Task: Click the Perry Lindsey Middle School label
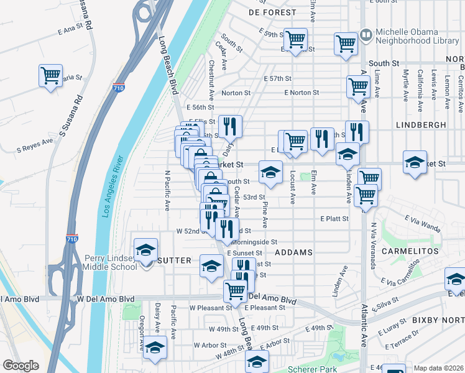pos(111,262)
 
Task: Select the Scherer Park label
pos(309,369)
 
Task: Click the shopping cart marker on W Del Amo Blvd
pos(235,290)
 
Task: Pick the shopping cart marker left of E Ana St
pos(50,76)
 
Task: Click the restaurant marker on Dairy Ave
pos(230,126)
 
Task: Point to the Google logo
pos(21,366)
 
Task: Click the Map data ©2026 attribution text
pos(439,368)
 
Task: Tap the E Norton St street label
pos(302,93)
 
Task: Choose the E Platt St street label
pos(334,219)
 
